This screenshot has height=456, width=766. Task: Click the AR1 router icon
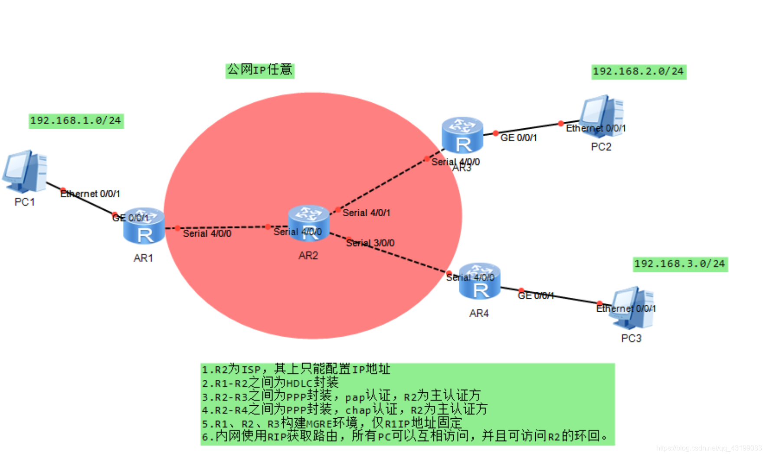tap(144, 226)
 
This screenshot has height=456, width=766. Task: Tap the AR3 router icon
tap(462, 135)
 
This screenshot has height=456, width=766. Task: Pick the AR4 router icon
tap(479, 281)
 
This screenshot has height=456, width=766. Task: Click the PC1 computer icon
tap(25, 172)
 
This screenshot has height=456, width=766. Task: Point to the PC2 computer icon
tap(602, 116)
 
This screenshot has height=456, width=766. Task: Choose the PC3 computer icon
tap(633, 307)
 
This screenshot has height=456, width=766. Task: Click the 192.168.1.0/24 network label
tap(76, 121)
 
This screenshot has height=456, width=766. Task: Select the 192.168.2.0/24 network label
tap(638, 72)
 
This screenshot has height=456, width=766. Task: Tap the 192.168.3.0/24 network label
tap(680, 264)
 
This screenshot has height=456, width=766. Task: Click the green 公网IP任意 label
tap(260, 70)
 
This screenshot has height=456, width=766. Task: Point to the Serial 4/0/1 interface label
tap(367, 213)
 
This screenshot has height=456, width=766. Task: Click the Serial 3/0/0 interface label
tap(370, 243)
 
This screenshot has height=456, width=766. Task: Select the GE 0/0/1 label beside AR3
tap(519, 138)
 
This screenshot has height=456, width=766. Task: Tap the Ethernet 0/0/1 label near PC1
tap(90, 194)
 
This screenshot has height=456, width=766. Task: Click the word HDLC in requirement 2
tap(300, 383)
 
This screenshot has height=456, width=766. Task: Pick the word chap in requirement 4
tap(358, 410)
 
